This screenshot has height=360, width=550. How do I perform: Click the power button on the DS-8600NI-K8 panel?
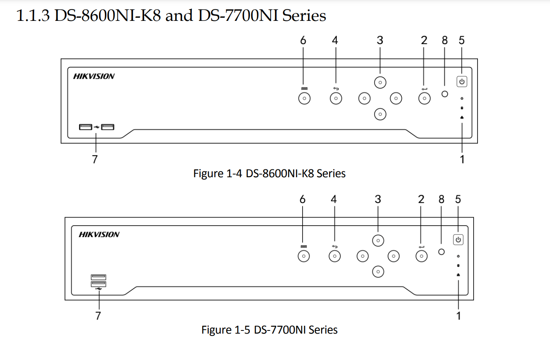click(x=462, y=82)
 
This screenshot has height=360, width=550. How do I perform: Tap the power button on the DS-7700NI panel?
click(x=458, y=239)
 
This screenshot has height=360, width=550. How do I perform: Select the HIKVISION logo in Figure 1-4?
click(x=94, y=76)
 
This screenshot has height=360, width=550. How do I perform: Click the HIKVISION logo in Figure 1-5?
click(x=99, y=234)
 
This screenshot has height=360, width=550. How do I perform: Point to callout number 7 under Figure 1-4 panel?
click(x=95, y=159)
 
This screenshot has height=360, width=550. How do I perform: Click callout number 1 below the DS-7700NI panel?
click(x=458, y=315)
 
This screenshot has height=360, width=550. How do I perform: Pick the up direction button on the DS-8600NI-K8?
click(x=380, y=82)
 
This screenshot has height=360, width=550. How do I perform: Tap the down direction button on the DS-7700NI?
click(x=378, y=272)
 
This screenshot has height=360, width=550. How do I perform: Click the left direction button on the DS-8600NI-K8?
click(x=364, y=98)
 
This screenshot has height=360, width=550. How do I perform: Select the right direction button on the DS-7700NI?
click(x=394, y=256)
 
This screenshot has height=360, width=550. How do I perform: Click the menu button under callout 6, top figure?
click(x=304, y=98)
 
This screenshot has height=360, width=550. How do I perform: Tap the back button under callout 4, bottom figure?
click(x=334, y=256)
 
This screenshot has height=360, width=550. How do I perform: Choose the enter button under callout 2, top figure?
click(x=424, y=98)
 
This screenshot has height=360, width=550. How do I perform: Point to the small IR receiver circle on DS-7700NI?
click(x=441, y=252)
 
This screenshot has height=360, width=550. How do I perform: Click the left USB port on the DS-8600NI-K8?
click(x=85, y=127)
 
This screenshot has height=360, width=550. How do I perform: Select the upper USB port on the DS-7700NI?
click(x=98, y=277)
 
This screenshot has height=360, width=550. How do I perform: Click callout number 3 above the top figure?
click(x=380, y=40)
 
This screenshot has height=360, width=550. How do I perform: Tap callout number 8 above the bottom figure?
click(x=441, y=199)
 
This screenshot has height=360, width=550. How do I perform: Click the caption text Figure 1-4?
click(x=217, y=173)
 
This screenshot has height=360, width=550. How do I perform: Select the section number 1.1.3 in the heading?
click(x=33, y=16)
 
